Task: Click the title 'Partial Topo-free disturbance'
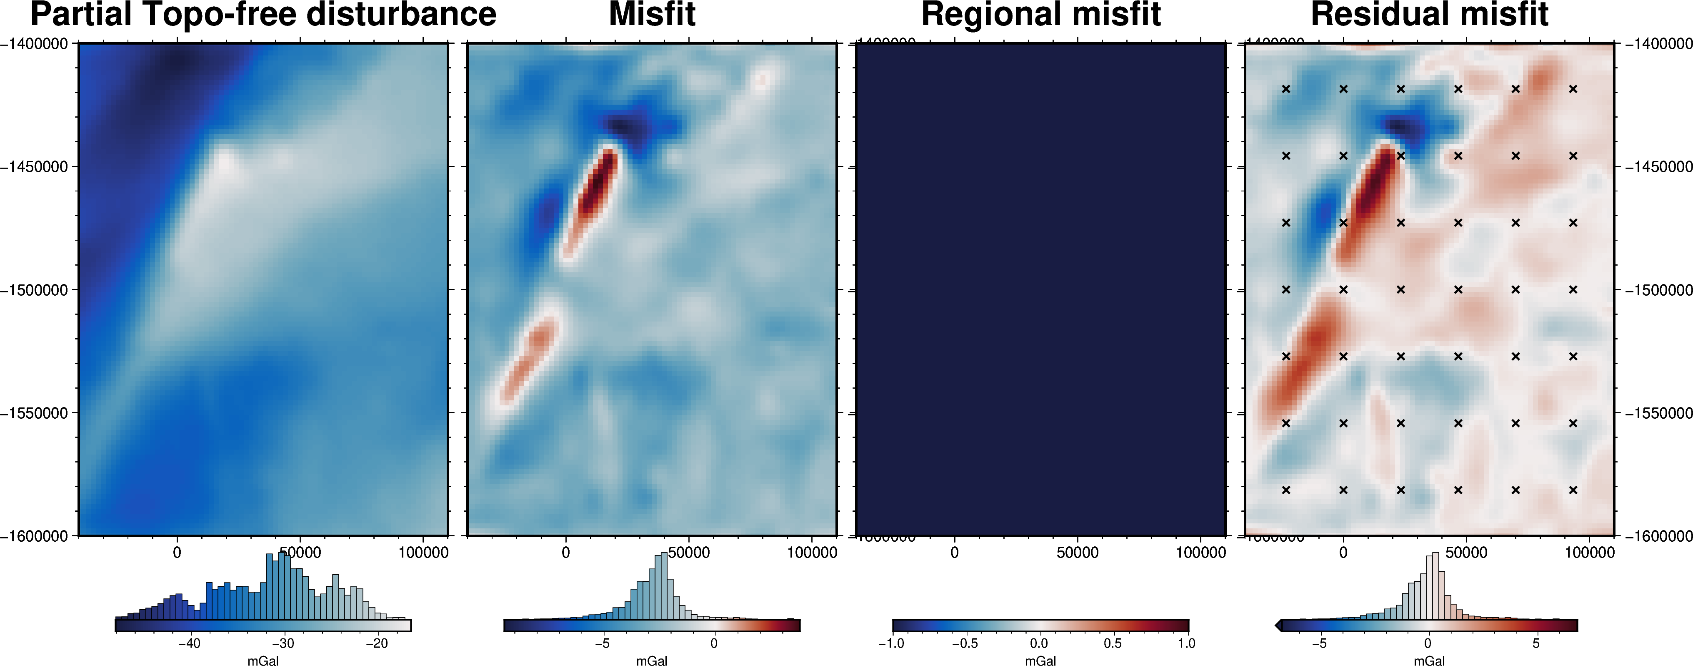click(x=263, y=15)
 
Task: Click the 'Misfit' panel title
click(x=652, y=15)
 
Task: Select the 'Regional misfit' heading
click(x=1041, y=15)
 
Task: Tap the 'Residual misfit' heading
click(x=1430, y=15)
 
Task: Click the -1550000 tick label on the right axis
click(x=1658, y=413)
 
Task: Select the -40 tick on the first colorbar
click(x=189, y=643)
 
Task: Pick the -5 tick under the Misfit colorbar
click(x=602, y=643)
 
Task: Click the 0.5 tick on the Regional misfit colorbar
click(x=1113, y=643)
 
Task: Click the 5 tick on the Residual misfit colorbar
click(x=1536, y=643)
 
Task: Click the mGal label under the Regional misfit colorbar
click(x=1040, y=660)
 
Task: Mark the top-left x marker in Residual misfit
click(x=1286, y=89)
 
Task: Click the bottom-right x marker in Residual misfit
click(x=1573, y=490)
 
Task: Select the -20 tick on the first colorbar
click(x=377, y=643)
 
